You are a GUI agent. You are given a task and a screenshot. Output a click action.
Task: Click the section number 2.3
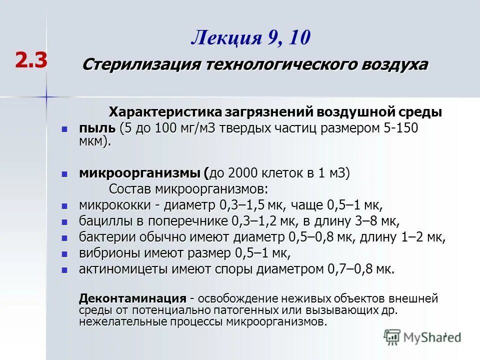click(31, 60)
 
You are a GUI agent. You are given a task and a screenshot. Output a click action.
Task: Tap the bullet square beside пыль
click(64, 128)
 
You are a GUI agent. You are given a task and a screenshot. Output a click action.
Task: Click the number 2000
click(243, 173)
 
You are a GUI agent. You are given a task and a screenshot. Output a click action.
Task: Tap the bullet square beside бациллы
click(64, 221)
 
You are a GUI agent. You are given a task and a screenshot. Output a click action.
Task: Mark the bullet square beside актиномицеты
click(64, 270)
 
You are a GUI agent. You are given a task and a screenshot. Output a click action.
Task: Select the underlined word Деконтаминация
click(132, 299)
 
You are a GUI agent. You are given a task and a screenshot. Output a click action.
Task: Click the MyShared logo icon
click(392, 336)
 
